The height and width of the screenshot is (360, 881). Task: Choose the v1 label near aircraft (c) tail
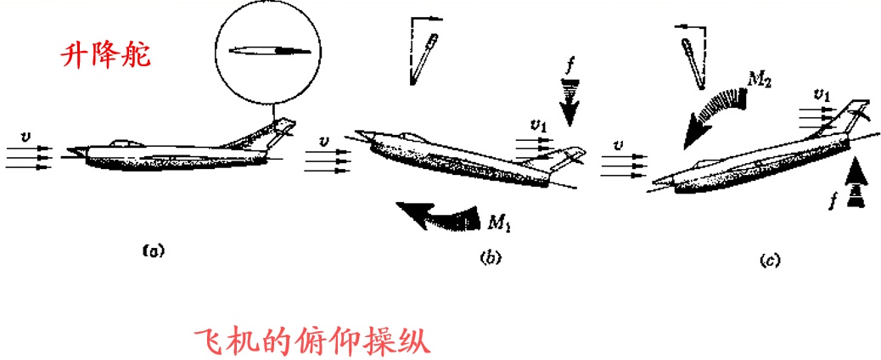click(x=821, y=94)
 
